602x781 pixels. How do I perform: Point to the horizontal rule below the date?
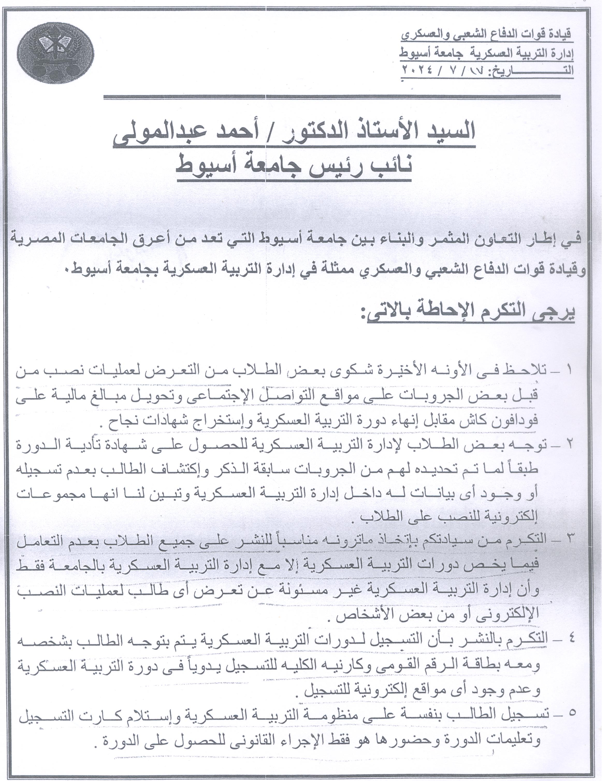point(331,97)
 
